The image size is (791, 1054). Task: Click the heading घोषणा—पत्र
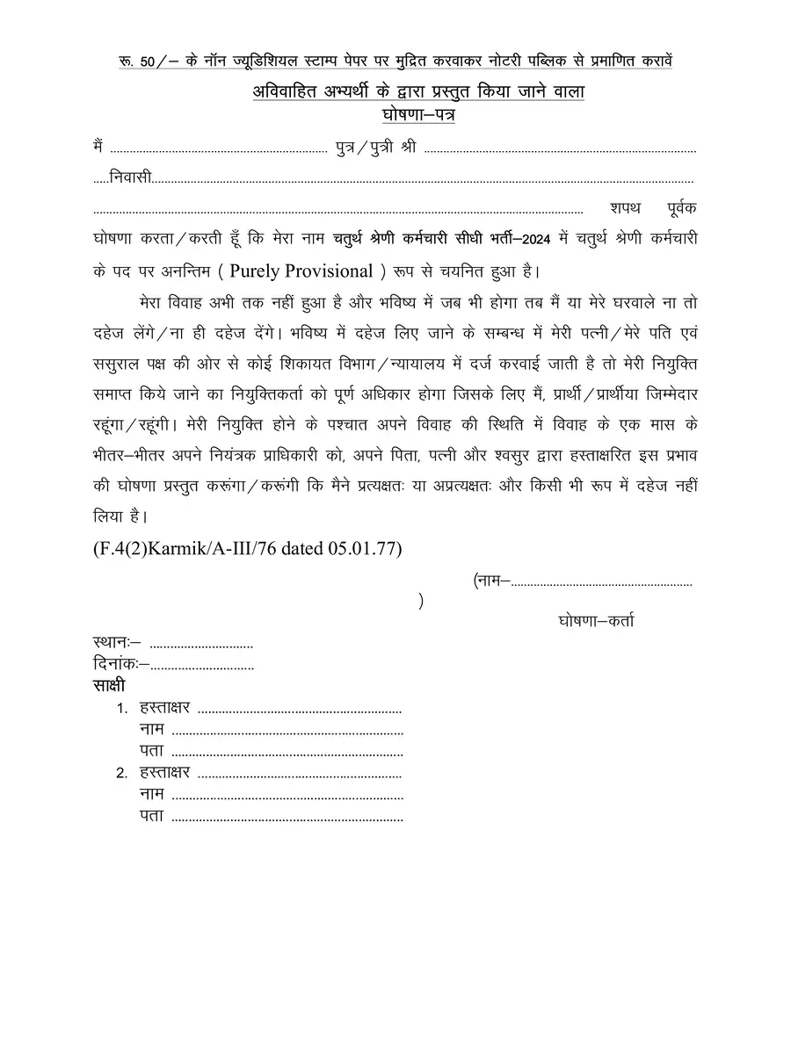(418, 115)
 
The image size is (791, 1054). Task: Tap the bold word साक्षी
(108, 684)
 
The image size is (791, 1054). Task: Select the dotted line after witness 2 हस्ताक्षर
(299, 775)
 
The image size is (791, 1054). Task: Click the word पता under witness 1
(151, 751)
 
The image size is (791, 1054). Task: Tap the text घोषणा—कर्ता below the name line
(596, 622)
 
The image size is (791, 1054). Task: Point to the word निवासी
(131, 178)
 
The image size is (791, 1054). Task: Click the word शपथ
(625, 208)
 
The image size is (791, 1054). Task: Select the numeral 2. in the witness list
(122, 775)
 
